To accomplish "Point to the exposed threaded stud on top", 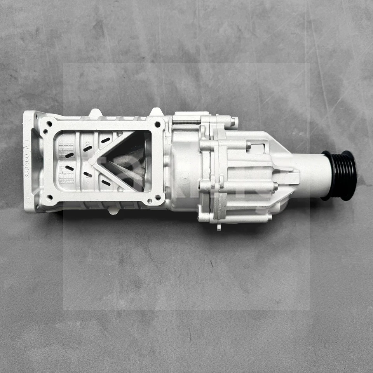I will pos(186,122).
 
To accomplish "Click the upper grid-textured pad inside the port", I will pos(66,148).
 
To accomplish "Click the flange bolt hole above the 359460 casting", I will pos(49,124).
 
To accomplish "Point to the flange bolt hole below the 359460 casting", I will pos(49,197).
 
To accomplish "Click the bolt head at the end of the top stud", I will pos(234,122).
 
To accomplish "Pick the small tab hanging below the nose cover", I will pos(219,227).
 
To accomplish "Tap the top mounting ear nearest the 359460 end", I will pos(96,113).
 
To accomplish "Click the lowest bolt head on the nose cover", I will pos(269,218).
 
